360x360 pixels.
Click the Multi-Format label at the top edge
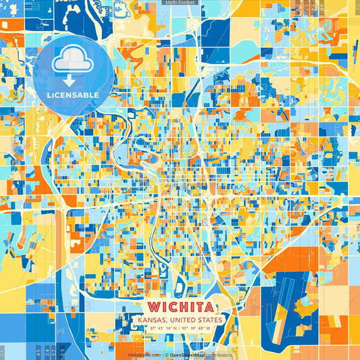[180, 3]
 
